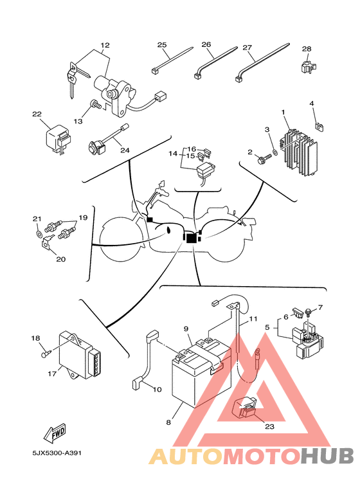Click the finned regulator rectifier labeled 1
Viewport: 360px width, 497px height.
click(x=298, y=152)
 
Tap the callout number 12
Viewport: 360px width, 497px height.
click(x=105, y=45)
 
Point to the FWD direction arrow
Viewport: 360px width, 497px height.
click(x=55, y=433)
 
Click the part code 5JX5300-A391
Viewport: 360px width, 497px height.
click(x=57, y=453)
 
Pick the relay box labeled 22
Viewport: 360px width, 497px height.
click(x=57, y=140)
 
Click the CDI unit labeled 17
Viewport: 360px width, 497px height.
click(x=81, y=355)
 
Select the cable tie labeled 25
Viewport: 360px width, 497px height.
click(x=172, y=60)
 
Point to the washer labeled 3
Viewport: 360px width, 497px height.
click(x=275, y=153)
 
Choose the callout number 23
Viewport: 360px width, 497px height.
click(x=269, y=427)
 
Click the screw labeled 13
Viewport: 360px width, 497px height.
click(x=95, y=104)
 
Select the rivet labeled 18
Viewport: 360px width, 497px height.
click(x=46, y=353)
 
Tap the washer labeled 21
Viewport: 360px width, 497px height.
click(x=39, y=234)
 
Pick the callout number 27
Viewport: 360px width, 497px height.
click(x=248, y=48)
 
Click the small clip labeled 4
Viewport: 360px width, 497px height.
click(x=319, y=127)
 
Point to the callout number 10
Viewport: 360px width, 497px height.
click(x=157, y=389)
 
